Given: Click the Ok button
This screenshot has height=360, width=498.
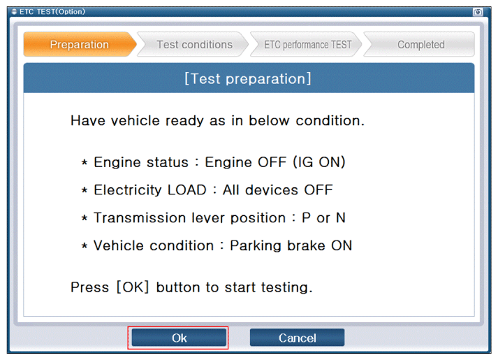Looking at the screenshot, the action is click(179, 338).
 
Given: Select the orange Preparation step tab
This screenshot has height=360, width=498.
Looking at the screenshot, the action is click(80, 45).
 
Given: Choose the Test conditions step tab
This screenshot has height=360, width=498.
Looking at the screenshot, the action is click(194, 45).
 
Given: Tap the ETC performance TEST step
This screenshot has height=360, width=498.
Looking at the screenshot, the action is click(307, 45).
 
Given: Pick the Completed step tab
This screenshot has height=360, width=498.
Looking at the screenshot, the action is click(420, 45).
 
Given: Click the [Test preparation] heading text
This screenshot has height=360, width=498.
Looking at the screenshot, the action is click(248, 78).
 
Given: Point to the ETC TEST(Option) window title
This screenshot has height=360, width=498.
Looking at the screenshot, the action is click(52, 11).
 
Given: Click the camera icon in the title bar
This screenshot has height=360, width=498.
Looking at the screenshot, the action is click(478, 12).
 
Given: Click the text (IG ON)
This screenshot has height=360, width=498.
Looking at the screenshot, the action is click(319, 162).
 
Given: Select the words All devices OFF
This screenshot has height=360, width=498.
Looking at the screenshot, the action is click(277, 190).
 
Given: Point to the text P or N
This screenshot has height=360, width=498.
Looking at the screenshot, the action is click(323, 218).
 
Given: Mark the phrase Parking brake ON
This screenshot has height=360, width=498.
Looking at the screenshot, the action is click(291, 245).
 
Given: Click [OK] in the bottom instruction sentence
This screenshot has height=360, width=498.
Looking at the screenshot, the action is click(133, 287).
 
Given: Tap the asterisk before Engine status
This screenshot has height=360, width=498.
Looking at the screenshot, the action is click(85, 163).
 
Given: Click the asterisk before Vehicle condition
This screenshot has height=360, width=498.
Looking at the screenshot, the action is click(85, 246).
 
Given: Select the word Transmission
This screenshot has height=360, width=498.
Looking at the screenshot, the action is click(140, 218).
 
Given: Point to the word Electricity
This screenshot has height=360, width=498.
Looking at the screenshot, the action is click(128, 190).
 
